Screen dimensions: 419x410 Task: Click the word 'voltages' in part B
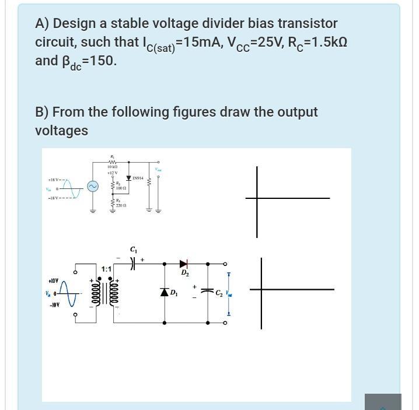tap(61, 131)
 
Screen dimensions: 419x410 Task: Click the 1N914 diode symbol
tap(128, 177)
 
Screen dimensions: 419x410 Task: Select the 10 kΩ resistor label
tap(113, 167)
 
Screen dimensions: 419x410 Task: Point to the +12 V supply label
tap(113, 173)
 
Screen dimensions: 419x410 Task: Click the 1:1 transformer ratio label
tap(106, 269)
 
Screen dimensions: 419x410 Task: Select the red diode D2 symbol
tap(184, 264)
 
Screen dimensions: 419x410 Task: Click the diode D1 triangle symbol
tap(165, 292)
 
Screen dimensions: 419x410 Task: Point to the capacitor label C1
tap(133, 250)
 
